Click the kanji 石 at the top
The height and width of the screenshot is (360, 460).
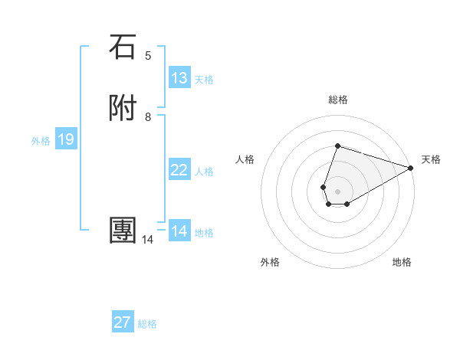point(123,47)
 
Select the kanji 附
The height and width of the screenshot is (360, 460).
point(123,109)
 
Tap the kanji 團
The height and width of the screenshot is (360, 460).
point(123,231)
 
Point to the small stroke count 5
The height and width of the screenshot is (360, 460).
point(148,55)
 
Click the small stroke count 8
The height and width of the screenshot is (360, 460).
point(148,116)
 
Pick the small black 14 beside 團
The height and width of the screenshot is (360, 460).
point(147,240)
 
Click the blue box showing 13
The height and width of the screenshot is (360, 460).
point(179,78)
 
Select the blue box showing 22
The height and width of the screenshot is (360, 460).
point(179,170)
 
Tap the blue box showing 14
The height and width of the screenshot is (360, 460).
point(179,231)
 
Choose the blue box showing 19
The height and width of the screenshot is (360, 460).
point(66,139)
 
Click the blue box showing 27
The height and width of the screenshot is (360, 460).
point(123,322)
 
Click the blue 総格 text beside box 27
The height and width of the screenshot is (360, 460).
point(147,324)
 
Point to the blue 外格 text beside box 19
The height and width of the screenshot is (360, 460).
point(41,141)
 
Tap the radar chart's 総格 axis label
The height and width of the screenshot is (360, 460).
point(337,100)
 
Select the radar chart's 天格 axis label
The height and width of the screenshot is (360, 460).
point(431,159)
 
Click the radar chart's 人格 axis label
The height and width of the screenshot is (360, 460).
point(245,159)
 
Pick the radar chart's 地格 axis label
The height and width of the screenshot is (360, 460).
point(402,262)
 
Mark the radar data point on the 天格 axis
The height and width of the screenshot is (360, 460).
point(411,168)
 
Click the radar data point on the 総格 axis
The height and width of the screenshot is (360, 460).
point(337,146)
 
